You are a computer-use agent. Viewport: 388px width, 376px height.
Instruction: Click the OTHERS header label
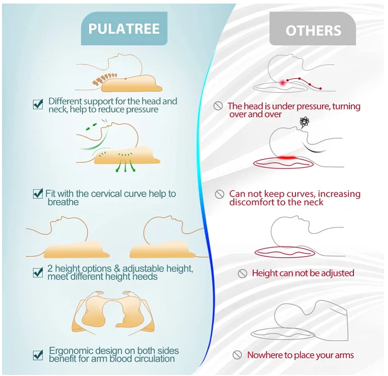tap(312, 30)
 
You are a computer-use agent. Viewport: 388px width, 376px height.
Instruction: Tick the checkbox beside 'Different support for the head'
tap(38, 104)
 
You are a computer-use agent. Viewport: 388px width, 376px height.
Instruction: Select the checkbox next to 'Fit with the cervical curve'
tap(38, 194)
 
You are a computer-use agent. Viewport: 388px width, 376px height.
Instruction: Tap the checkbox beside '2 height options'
tap(38, 272)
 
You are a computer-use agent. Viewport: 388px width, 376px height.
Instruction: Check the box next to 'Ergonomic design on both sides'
tap(38, 354)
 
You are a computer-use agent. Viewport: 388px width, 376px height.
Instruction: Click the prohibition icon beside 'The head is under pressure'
tap(218, 106)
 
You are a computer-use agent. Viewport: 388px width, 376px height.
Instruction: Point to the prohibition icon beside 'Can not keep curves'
tap(220, 194)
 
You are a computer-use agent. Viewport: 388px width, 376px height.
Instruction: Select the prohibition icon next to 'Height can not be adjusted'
tap(243, 273)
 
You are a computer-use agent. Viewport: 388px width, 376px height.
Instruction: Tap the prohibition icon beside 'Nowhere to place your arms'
tap(237, 355)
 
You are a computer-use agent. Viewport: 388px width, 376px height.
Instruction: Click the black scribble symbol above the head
tap(304, 121)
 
